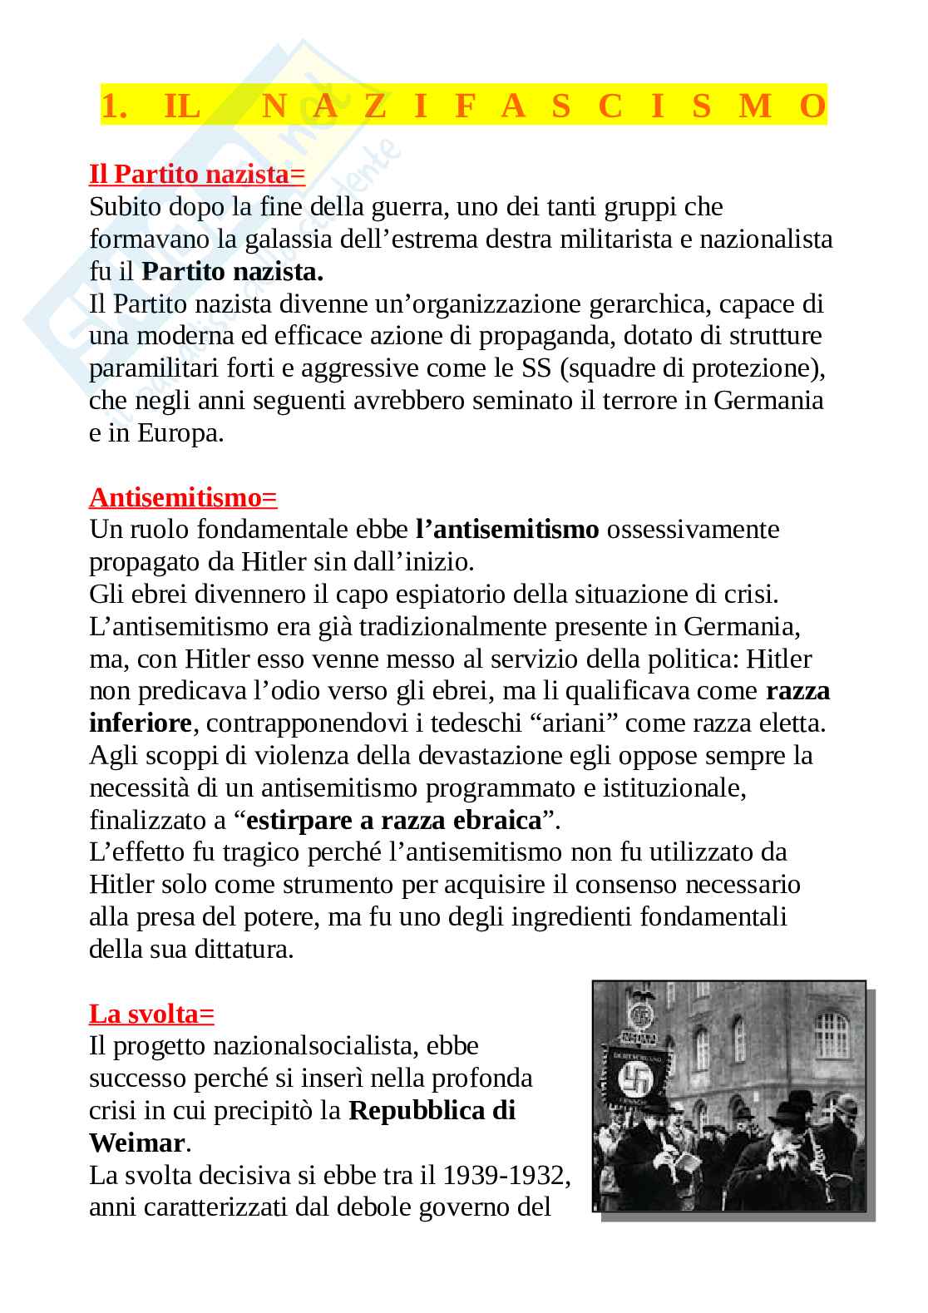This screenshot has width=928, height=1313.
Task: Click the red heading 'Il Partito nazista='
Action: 197,175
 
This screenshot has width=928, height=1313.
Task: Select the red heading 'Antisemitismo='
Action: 183,497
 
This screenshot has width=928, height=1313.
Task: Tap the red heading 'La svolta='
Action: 151,1014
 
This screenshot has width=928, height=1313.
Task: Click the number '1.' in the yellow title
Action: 114,106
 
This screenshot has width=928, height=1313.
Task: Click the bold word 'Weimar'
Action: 136,1143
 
